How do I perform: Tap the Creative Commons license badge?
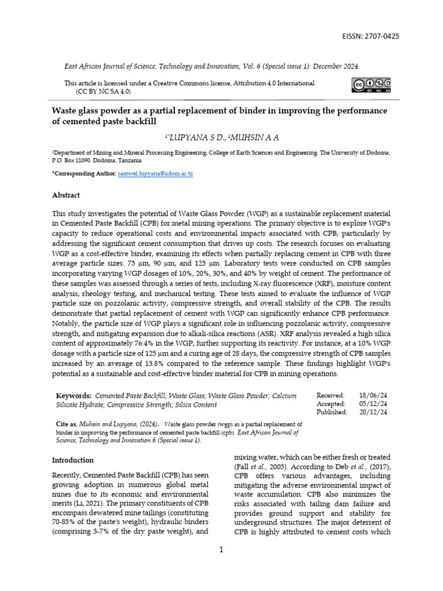tap(370, 85)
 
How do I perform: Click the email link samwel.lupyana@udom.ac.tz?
tap(154, 174)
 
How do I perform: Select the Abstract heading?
tap(66, 195)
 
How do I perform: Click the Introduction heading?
tap(73, 460)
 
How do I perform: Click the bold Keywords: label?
tap(73, 395)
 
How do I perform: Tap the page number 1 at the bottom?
tap(221, 549)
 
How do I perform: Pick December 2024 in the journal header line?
tap(339, 66)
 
